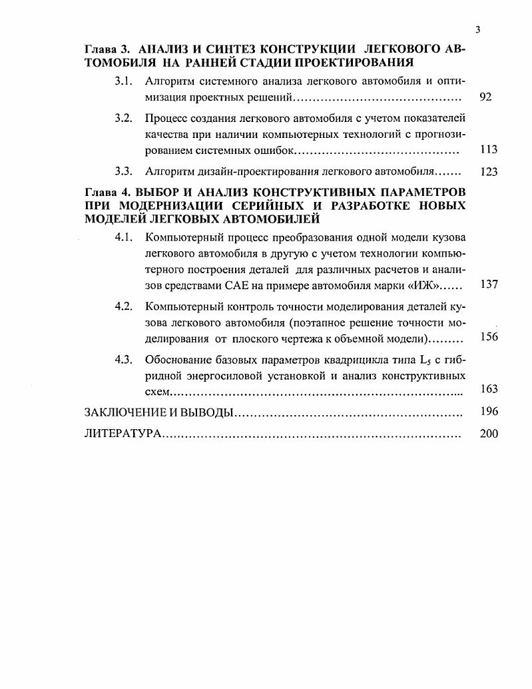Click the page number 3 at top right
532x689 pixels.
(478, 29)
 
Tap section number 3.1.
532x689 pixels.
(125, 81)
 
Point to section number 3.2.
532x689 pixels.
(125, 119)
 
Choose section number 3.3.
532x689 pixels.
(125, 171)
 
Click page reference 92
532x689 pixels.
(485, 97)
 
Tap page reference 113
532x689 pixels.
(488, 150)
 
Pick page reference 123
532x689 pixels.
(488, 172)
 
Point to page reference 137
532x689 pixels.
(488, 285)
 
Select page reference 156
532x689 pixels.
(488, 337)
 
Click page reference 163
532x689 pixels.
(488, 389)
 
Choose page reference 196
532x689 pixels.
(488, 412)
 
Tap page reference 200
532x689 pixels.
(488, 434)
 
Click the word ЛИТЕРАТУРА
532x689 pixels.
(123, 434)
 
